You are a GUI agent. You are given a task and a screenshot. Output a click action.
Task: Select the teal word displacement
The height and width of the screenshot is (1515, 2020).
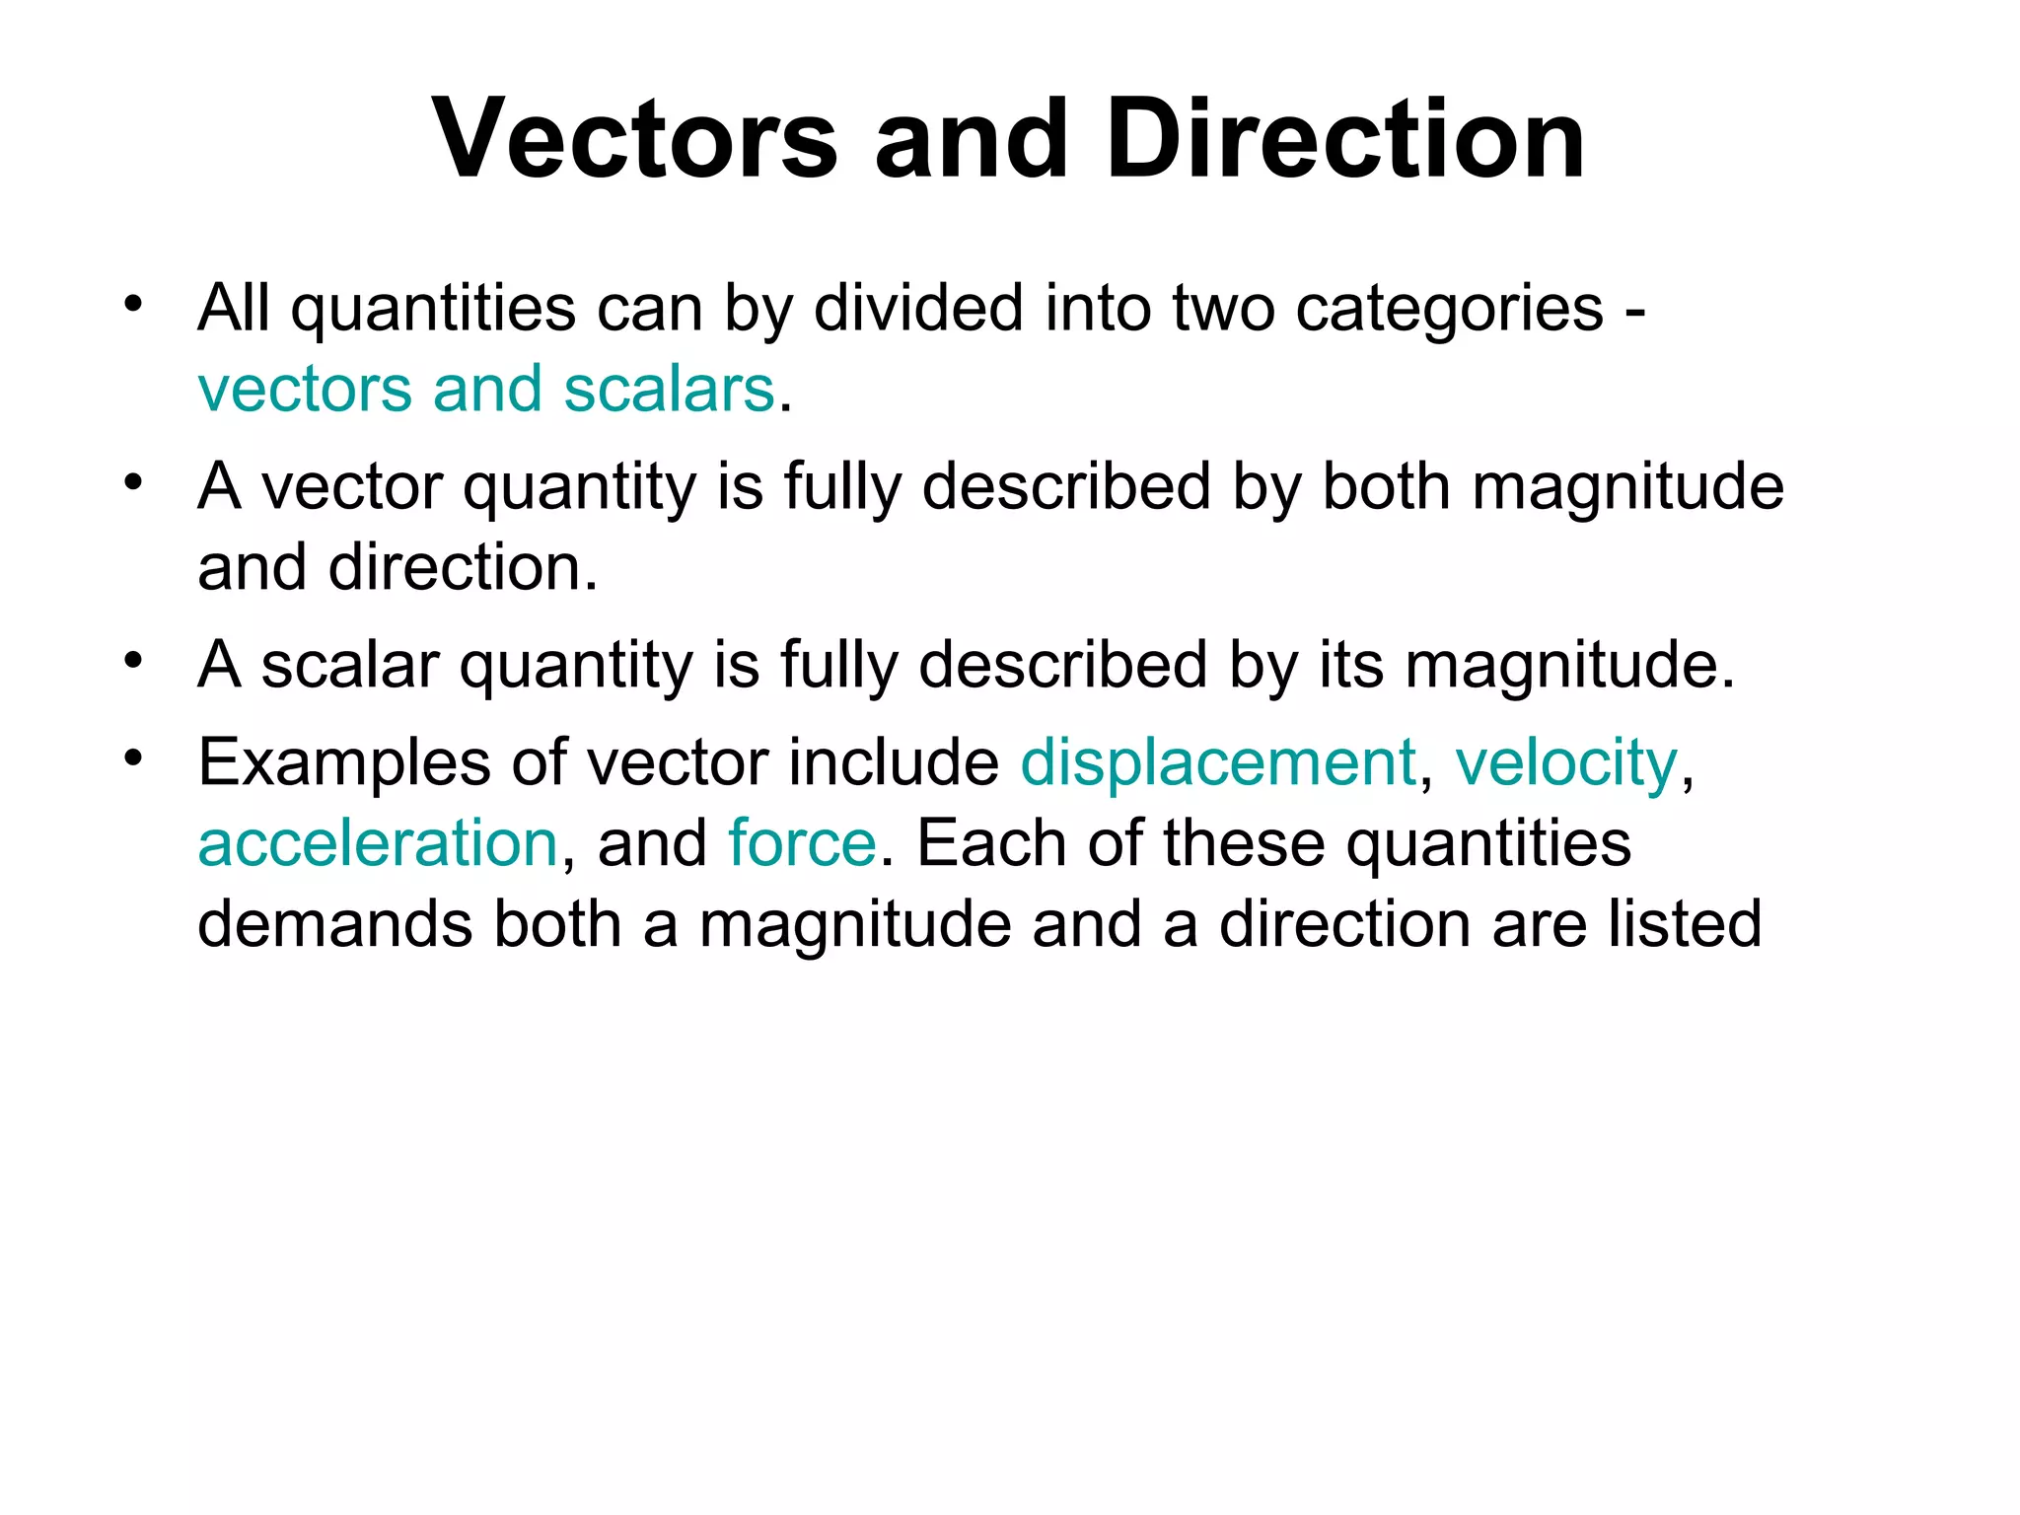pyautogui.click(x=1218, y=762)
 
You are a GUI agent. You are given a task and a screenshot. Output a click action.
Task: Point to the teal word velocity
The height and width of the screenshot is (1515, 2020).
pyautogui.click(x=1565, y=762)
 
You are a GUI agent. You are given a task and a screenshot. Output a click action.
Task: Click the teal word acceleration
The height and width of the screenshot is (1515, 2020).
pyautogui.click(x=378, y=843)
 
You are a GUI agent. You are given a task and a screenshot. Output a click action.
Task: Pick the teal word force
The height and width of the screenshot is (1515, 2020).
pyautogui.click(x=802, y=843)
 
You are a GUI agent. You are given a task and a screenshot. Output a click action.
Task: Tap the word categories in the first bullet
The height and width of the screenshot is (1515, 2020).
pyautogui.click(x=1450, y=308)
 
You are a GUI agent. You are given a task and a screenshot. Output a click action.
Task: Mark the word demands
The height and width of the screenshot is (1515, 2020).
pyautogui.click(x=335, y=924)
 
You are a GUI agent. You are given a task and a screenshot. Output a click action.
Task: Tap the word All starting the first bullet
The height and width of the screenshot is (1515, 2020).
pyautogui.click(x=234, y=308)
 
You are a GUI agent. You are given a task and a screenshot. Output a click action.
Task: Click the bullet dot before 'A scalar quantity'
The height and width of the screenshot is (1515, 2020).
pyautogui.click(x=134, y=660)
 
